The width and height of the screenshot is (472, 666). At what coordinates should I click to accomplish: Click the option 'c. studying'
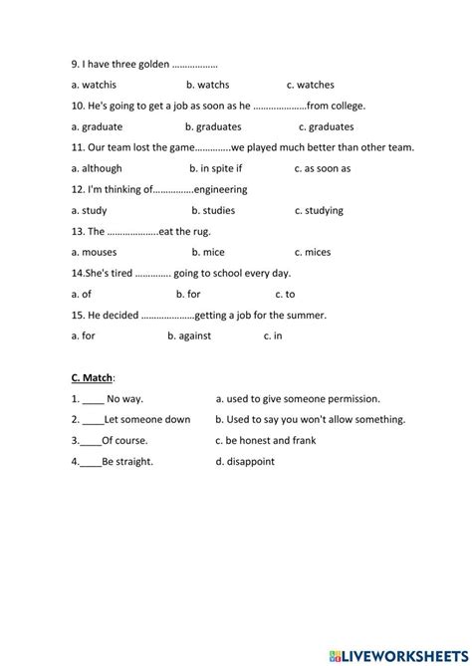pyautogui.click(x=319, y=210)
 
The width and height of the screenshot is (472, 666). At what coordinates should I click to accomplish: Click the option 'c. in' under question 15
pyautogui.click(x=273, y=335)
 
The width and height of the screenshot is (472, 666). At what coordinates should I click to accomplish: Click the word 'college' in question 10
pyautogui.click(x=346, y=106)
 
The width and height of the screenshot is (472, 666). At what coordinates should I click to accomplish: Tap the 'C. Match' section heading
pyautogui.click(x=93, y=377)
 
